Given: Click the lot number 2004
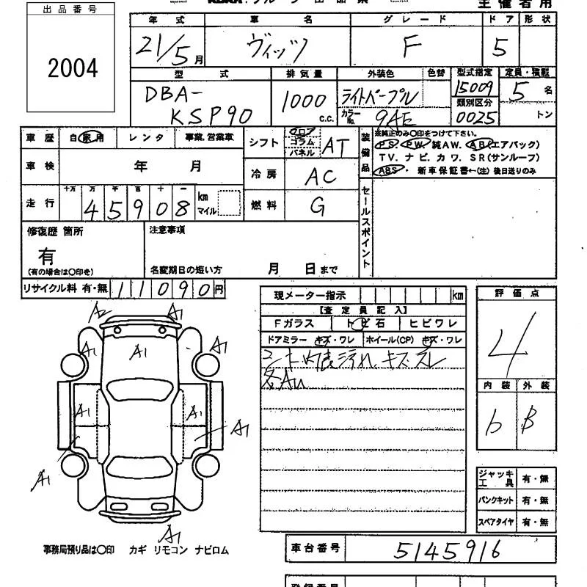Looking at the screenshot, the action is [73, 69].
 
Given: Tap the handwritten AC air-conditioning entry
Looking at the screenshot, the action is [321, 175].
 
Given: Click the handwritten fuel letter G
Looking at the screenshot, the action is [318, 206].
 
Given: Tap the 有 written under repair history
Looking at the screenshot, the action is [47, 255].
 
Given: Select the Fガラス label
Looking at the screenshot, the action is [293, 324].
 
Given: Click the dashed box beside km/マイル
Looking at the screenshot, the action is [230, 203].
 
